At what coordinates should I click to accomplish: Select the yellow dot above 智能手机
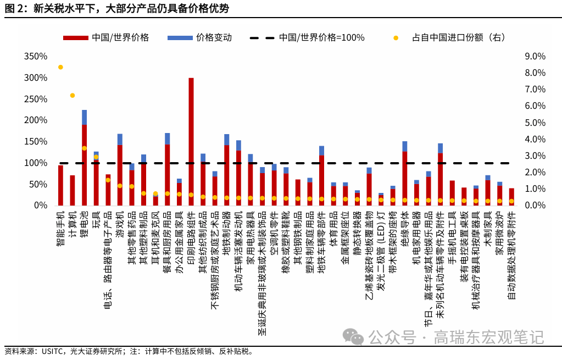click(60, 67)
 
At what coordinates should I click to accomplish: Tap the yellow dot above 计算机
click(73, 96)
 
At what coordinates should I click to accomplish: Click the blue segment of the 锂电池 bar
click(84, 117)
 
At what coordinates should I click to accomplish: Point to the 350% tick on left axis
click(36, 57)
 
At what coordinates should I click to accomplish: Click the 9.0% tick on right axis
click(535, 57)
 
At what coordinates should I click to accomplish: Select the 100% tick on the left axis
click(36, 163)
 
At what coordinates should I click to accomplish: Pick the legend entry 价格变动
click(213, 38)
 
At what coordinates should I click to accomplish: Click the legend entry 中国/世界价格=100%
click(321, 38)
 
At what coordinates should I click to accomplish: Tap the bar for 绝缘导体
click(405, 176)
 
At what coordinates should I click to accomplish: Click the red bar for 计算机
click(73, 190)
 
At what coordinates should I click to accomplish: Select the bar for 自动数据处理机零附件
click(511, 197)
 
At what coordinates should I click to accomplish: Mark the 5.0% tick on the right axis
click(535, 123)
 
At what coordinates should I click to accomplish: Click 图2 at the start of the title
click(12, 8)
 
